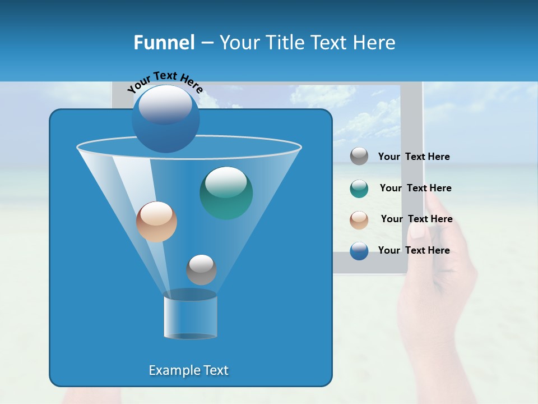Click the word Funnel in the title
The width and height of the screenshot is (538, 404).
pos(164,43)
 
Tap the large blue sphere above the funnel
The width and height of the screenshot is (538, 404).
pos(165,118)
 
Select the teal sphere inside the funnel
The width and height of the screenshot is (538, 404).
pos(226,192)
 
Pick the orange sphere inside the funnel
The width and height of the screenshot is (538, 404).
pos(156,222)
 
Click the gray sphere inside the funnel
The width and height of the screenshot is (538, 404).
pos(201,269)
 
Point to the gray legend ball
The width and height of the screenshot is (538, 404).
pos(359,157)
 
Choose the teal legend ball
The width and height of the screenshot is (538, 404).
pos(359,189)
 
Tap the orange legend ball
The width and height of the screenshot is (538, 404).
pos(359,219)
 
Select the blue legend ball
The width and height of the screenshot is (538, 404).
pos(359,251)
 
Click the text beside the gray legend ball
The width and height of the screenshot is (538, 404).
pos(414,157)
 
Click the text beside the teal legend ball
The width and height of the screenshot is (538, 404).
pos(415,189)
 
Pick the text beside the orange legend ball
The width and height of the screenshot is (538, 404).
pos(416,219)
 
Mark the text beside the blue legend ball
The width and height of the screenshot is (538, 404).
pos(414,251)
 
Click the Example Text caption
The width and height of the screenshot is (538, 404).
pos(188,370)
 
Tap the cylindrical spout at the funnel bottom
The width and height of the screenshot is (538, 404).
pos(190,316)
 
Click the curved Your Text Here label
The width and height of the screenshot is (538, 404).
pos(165,81)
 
